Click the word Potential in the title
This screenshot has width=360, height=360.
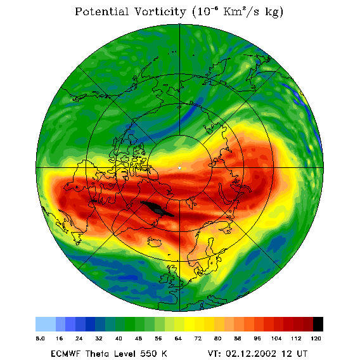pos(101,11)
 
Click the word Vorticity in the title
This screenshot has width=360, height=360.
pos(160,11)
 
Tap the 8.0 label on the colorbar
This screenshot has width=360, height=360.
pos(40,338)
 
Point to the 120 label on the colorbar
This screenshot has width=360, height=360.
pos(316,338)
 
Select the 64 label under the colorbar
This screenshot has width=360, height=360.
pos(178,338)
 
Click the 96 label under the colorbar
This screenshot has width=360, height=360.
pos(257,338)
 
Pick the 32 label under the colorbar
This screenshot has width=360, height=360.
pos(99,338)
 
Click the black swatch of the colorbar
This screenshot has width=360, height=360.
pos(318,324)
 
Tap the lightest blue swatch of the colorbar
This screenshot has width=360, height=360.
pos(46,324)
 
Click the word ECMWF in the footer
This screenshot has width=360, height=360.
pos(66,354)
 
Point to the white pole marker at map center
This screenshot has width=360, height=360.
pos(179,168)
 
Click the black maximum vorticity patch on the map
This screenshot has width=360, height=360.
pos(157,209)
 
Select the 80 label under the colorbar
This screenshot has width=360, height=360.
pos(217,338)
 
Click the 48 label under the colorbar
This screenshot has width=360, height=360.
pos(138,338)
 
